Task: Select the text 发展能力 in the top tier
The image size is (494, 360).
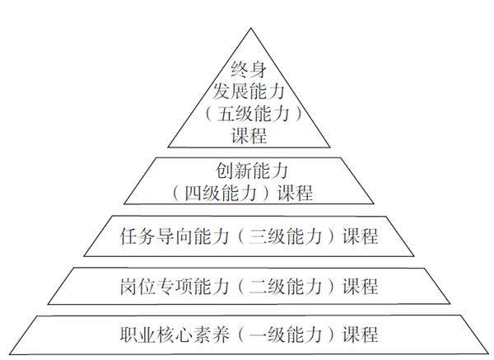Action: coord(249,92)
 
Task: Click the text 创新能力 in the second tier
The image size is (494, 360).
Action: coord(249,173)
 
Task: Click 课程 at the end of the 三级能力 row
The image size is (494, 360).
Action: coord(360,237)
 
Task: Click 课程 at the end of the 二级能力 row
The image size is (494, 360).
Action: coord(360,287)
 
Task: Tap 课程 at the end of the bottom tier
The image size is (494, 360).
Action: coord(360,335)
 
